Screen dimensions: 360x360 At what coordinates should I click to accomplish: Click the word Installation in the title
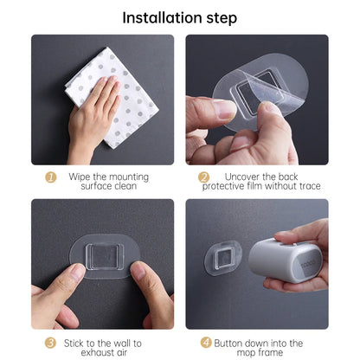[162, 17]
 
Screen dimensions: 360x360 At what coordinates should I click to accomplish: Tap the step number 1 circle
[51, 177]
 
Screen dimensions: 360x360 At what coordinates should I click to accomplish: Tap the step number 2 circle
[204, 177]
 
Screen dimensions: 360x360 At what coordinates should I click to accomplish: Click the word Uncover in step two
[236, 177]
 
